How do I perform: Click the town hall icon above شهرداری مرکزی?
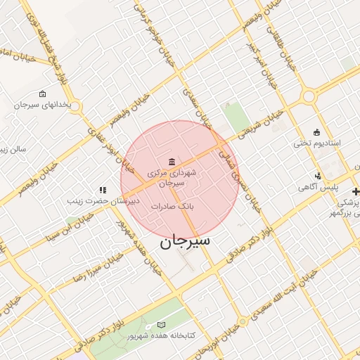[172, 160]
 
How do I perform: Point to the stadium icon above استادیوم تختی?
[316, 131]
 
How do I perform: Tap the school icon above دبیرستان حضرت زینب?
[103, 189]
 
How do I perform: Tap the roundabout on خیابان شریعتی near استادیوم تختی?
[309, 96]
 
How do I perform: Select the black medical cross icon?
[356, 191]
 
